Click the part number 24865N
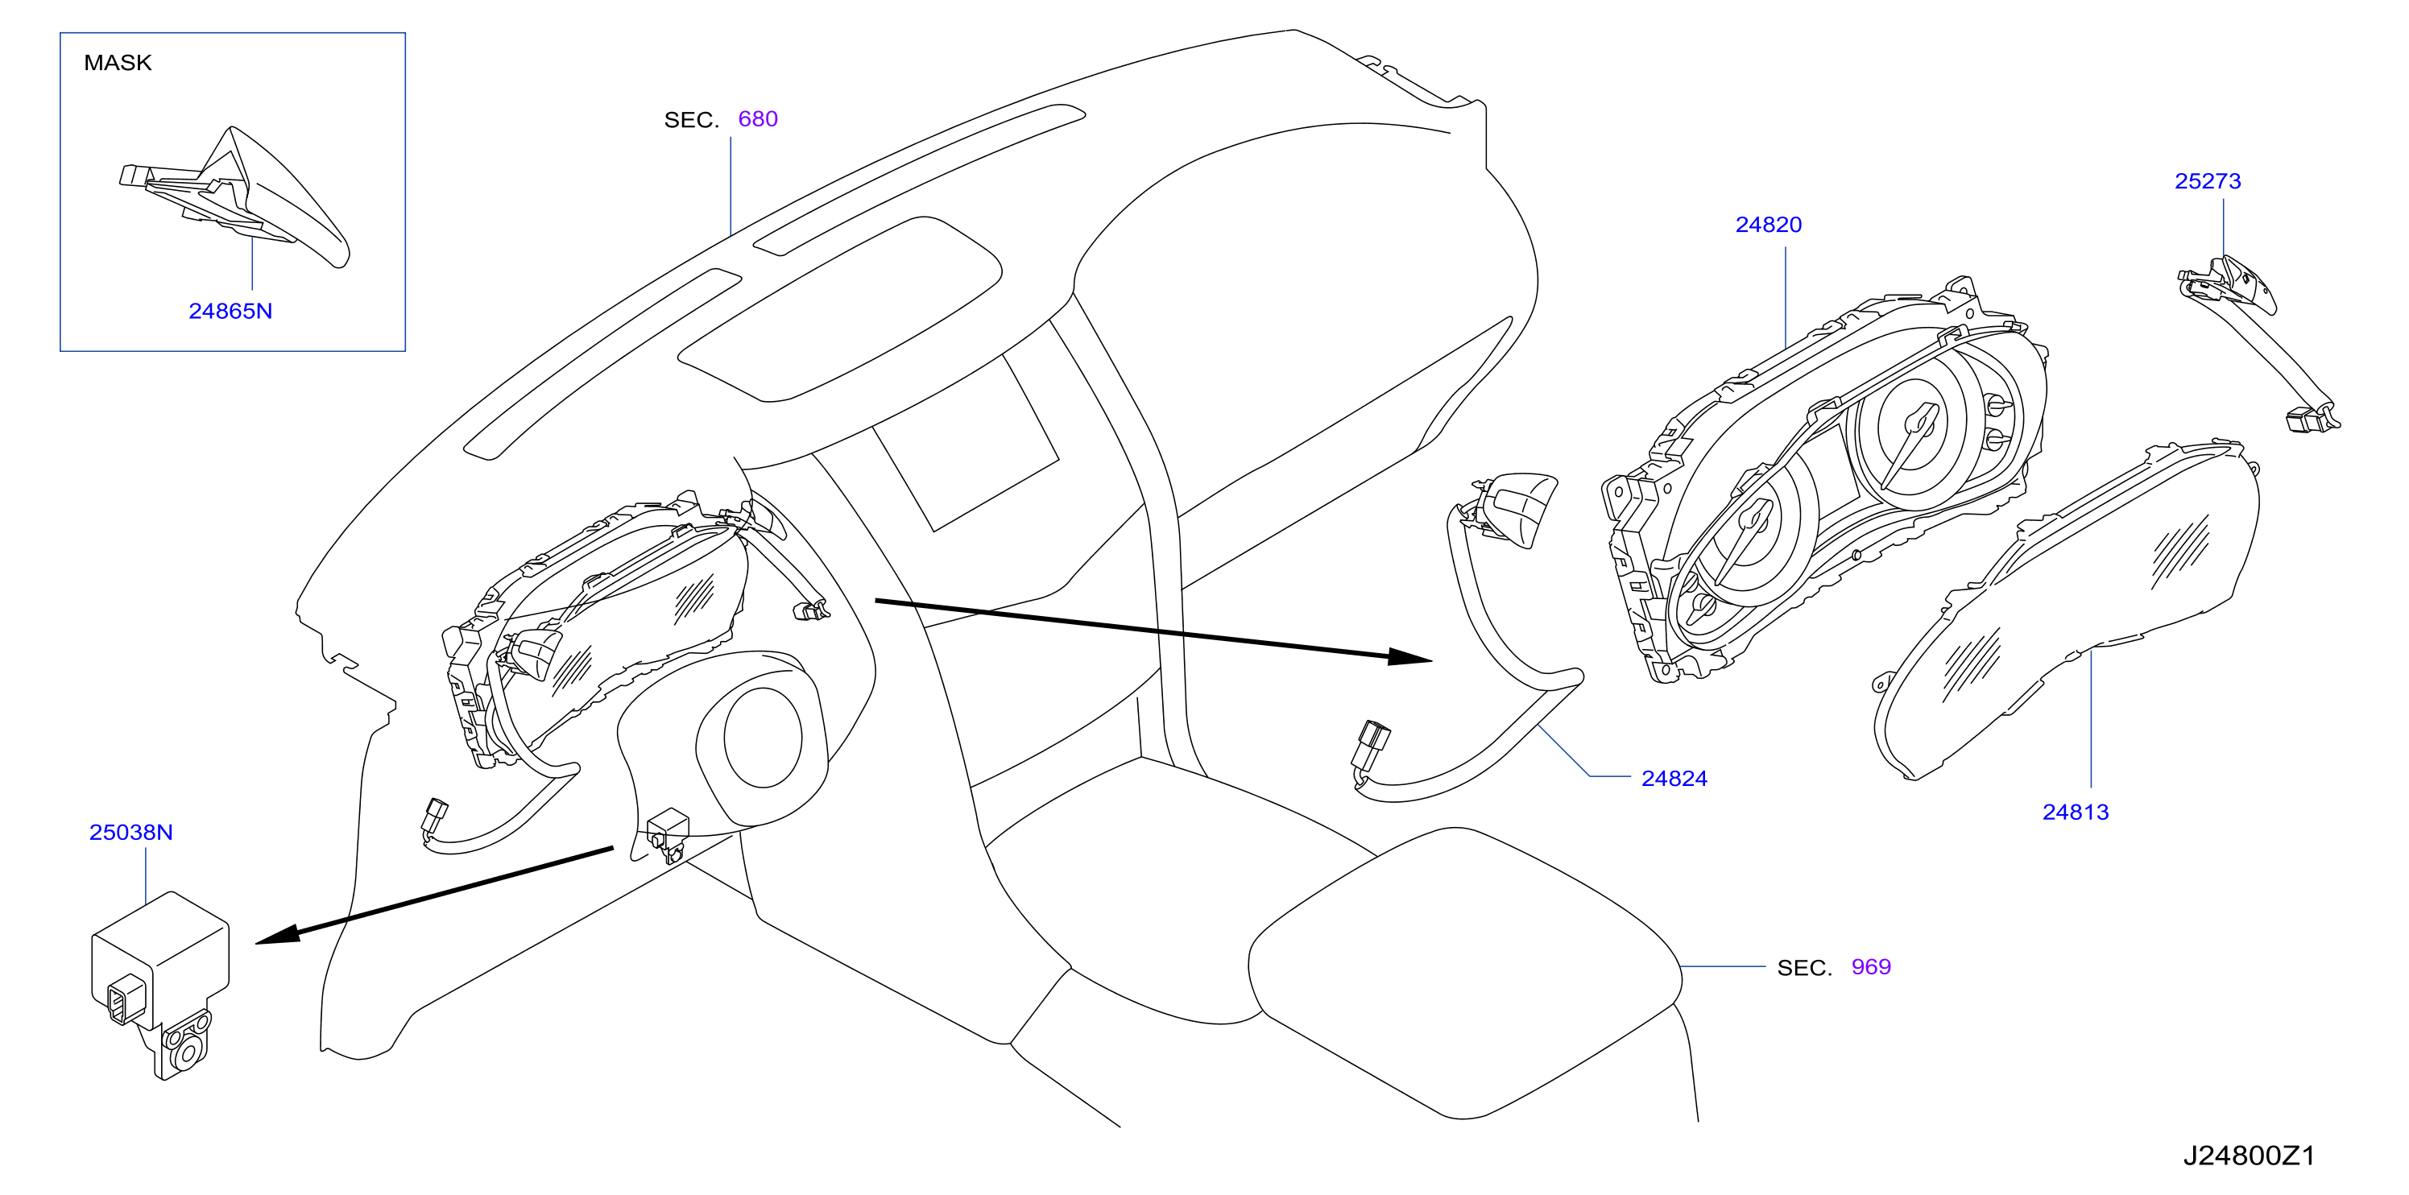click(230, 311)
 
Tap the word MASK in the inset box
click(118, 63)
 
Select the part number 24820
click(1769, 225)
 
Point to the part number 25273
click(2207, 181)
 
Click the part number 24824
click(1674, 779)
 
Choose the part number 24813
click(2075, 813)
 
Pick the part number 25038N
click(131, 832)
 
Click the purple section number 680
click(757, 118)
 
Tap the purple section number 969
click(1871, 967)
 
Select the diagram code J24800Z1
click(2249, 1156)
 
